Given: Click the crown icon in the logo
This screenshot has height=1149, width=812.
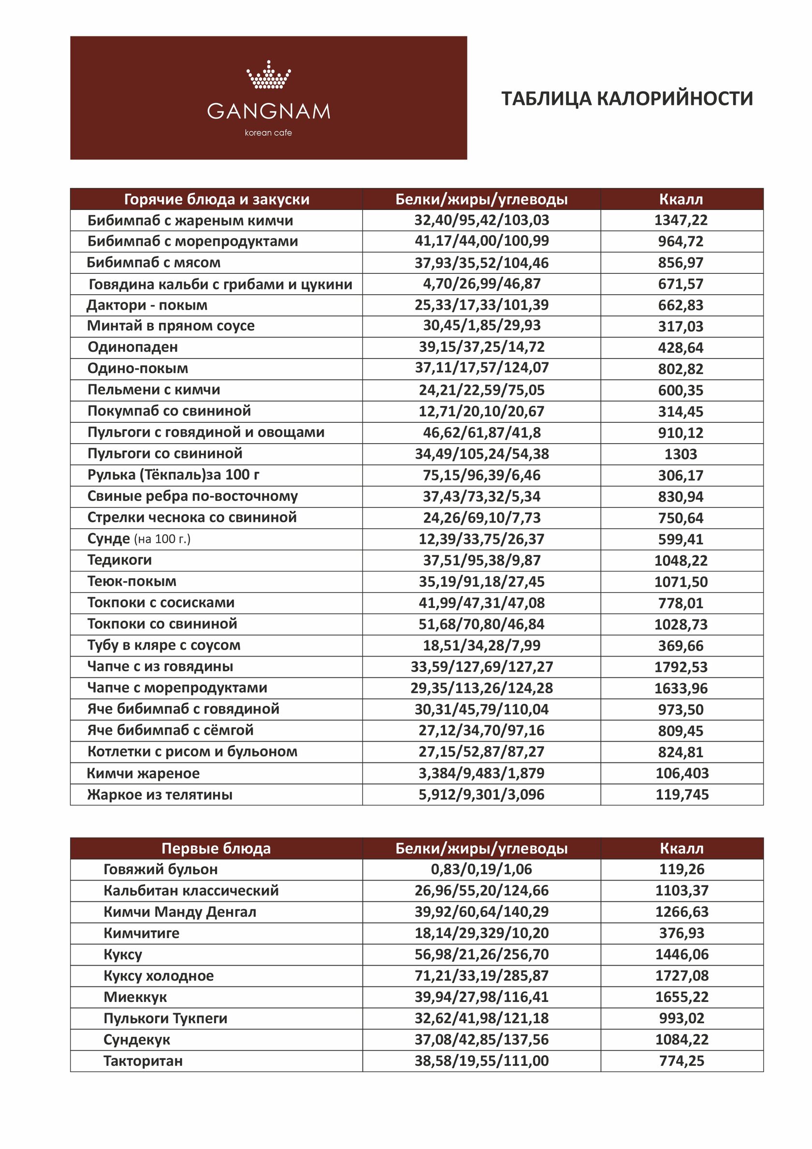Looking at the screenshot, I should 269,75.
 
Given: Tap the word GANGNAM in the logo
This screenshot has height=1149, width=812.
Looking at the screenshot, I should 269,111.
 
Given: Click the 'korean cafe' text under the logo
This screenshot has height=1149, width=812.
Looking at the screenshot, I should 269,133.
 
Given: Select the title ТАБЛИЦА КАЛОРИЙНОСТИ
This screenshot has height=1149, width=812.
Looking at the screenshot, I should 627,99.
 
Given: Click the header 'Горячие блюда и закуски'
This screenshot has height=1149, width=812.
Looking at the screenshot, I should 217,199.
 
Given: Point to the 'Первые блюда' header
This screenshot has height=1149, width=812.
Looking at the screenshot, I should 216,848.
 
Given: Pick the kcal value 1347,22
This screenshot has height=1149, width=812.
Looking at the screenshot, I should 681,220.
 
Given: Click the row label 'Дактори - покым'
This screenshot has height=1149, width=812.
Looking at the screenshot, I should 147,305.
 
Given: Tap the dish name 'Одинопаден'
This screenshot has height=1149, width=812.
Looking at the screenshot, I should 132,347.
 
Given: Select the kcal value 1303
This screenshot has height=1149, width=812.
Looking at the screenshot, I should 681,454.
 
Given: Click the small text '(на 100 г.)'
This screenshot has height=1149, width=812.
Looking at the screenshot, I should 162,539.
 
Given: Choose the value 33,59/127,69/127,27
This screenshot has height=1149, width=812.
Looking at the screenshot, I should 481,667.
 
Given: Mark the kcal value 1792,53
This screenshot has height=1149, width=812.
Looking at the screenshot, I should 681,667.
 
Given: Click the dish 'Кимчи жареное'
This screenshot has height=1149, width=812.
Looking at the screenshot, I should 143,773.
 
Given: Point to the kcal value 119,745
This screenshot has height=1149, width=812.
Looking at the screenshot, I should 682,794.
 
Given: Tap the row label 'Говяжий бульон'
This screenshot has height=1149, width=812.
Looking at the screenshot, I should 160,869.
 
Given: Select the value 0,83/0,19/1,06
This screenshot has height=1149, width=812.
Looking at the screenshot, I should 481,869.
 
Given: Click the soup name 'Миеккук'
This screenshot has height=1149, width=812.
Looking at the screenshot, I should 135,997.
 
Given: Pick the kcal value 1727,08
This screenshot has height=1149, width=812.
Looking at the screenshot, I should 682,975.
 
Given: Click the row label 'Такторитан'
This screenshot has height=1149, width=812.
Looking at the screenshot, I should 143,1061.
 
